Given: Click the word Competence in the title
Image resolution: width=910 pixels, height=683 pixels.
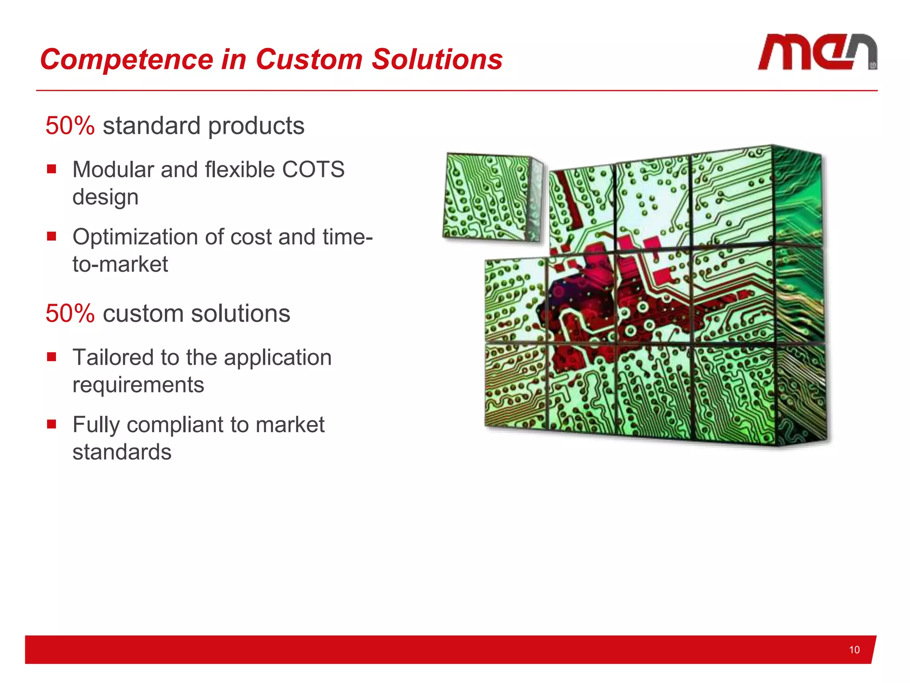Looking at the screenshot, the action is coord(127,60).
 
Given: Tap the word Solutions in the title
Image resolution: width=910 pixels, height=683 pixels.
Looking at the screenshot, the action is coord(437,60).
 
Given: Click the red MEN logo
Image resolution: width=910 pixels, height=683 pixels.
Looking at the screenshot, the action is coord(817,52).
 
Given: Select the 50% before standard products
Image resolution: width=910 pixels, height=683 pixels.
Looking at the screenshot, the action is coord(70,125).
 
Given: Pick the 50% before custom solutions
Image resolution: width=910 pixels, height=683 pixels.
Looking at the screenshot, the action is coord(70,313).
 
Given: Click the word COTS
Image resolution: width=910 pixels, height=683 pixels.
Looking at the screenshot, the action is coord(313,169).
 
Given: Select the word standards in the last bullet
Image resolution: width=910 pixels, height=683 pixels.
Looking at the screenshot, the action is coord(122,452).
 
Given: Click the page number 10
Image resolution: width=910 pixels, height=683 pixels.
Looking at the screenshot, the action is coord(854,650).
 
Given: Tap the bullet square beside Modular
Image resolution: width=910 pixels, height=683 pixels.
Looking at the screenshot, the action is coord(52,169).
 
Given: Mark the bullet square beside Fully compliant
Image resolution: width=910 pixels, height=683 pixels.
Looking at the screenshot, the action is coord(52,424).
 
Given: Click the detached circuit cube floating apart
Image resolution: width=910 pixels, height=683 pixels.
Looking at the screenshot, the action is coord(492,198).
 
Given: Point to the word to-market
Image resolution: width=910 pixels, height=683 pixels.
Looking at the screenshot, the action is coord(120,264).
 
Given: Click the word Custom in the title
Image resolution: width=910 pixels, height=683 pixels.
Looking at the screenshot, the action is coord(309,60).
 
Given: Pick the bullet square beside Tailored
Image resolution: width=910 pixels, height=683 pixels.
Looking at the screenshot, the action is coord(52,357).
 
